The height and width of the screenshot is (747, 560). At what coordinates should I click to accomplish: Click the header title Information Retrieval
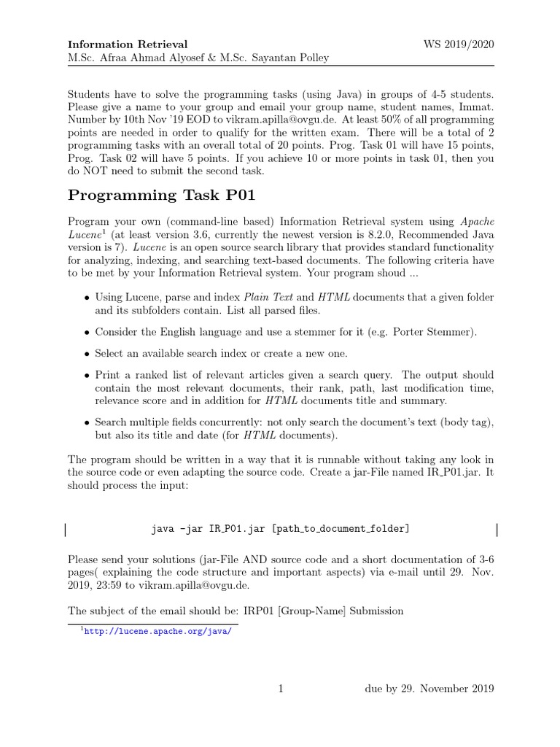click(x=127, y=44)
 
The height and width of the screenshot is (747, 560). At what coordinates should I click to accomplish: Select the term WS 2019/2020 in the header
click(x=459, y=44)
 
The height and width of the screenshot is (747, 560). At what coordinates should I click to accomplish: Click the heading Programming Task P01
click(x=161, y=195)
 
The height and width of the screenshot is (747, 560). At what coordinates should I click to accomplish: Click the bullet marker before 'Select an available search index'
click(x=86, y=354)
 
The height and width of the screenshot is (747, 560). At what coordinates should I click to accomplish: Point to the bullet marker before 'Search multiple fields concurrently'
click(x=86, y=422)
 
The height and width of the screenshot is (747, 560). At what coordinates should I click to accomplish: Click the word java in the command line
click(x=163, y=528)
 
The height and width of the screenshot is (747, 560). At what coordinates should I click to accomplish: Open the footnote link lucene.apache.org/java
click(x=157, y=632)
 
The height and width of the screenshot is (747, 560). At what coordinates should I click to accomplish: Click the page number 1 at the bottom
click(x=280, y=689)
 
